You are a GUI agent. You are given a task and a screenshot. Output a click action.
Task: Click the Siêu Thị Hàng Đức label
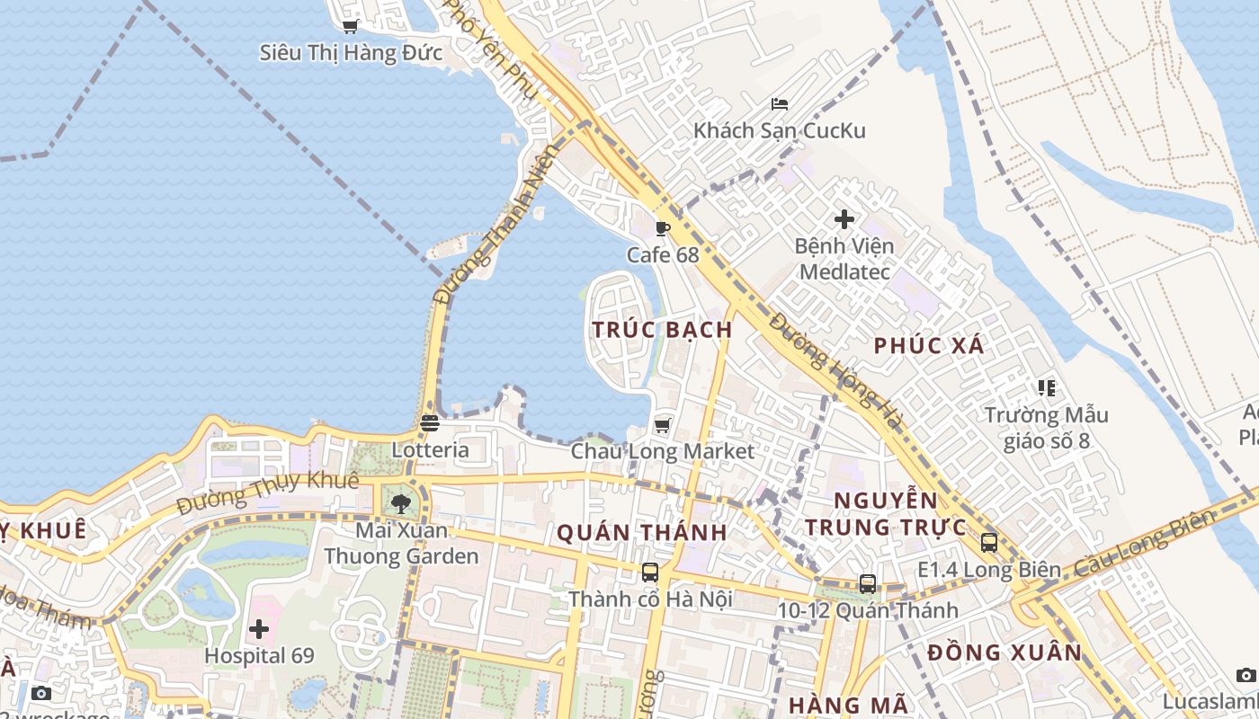(x=351, y=53)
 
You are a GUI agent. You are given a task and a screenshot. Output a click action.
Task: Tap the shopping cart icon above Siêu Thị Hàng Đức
(x=351, y=27)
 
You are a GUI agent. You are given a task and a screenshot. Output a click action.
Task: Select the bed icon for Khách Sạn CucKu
(x=780, y=104)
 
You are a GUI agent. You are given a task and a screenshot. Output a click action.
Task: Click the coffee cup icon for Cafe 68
(x=663, y=228)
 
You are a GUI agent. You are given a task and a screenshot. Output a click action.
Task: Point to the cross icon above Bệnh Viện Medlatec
(x=844, y=218)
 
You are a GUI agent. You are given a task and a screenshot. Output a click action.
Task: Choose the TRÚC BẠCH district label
(x=663, y=330)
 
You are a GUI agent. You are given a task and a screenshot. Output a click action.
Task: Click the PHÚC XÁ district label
(x=929, y=346)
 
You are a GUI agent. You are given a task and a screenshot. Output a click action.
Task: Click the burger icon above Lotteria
(x=430, y=422)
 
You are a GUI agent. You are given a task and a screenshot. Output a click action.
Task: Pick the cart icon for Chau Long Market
(x=663, y=424)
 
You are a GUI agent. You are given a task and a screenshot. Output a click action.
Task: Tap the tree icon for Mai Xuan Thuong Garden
(x=401, y=503)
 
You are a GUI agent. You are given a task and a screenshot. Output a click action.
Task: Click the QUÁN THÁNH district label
(x=642, y=533)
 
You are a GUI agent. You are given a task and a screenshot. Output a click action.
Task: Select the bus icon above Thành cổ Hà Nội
(x=650, y=572)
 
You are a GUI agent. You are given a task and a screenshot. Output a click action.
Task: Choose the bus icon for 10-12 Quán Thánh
(x=867, y=583)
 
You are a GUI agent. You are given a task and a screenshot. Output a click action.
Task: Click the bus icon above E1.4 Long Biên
(x=988, y=542)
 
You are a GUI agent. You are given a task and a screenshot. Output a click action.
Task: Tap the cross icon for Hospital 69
(x=259, y=629)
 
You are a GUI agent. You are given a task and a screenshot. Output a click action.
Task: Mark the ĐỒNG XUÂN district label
(x=1005, y=652)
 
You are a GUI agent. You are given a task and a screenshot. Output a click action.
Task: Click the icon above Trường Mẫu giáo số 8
(x=1046, y=388)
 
